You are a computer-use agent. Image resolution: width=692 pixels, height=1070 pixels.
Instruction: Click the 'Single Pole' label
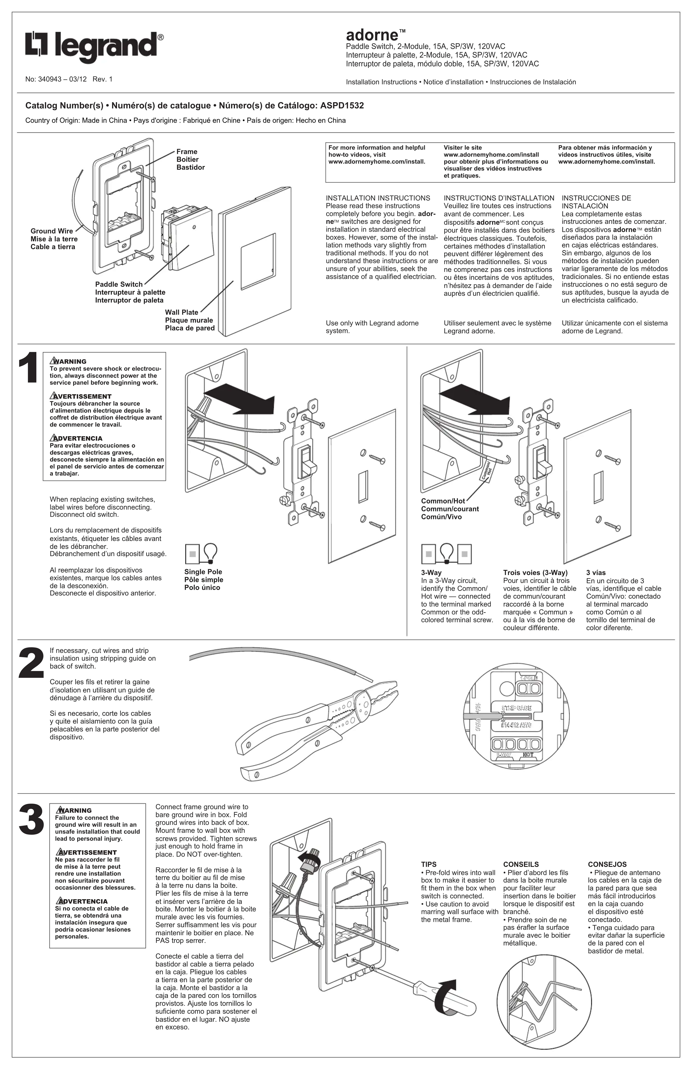click(203, 572)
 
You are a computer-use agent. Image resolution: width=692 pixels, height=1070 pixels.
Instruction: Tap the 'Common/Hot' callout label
click(443, 501)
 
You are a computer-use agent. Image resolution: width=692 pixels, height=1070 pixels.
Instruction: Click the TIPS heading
click(429, 864)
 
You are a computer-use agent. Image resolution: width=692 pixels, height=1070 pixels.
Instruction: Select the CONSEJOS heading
click(607, 864)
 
